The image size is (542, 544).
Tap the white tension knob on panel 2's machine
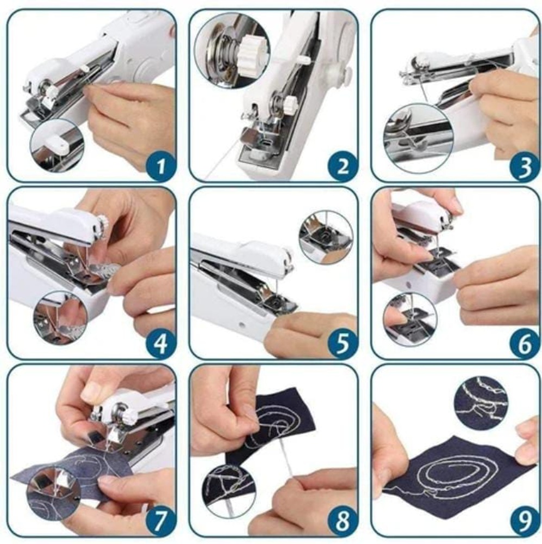[289, 104]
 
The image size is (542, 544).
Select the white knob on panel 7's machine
[128, 414]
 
